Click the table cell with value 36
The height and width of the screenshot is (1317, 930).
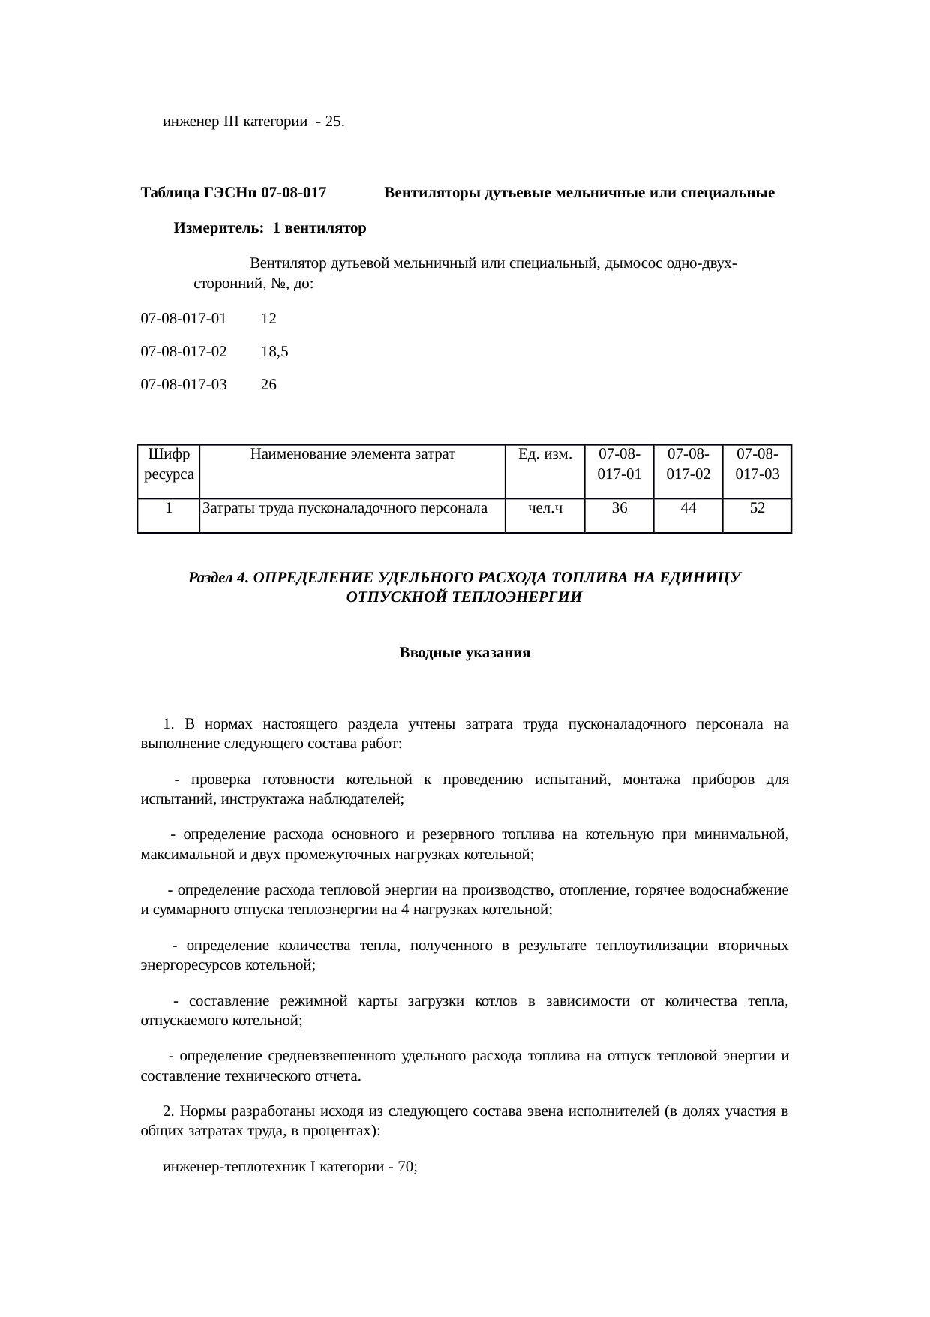[619, 508]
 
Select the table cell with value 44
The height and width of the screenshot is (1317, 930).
[688, 508]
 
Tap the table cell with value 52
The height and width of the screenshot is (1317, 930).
[757, 508]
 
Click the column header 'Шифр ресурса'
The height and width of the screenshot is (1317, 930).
[169, 464]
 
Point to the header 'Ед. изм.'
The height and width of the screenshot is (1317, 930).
[545, 454]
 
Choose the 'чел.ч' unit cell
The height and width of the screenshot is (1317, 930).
[545, 508]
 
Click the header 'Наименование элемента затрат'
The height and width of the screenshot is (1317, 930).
[352, 454]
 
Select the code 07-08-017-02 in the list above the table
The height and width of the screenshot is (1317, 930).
[184, 351]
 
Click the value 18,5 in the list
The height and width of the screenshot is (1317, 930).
[274, 351]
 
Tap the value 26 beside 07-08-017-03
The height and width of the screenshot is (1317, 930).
[268, 385]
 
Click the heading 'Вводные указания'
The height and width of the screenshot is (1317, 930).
[464, 653]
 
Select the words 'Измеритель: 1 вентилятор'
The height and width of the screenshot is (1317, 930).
[270, 228]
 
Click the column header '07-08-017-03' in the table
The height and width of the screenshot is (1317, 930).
[757, 464]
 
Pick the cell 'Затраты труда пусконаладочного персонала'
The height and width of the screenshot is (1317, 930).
[345, 508]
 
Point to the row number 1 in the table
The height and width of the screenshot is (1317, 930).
[169, 508]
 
